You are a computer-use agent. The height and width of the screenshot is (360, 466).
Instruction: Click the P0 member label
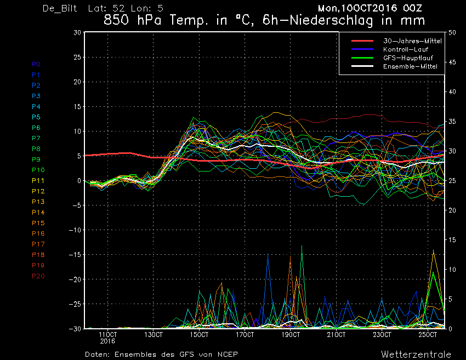(x=36, y=64)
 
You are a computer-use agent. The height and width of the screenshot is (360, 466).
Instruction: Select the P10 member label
(x=38, y=170)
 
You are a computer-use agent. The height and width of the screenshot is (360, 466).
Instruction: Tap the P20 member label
(x=38, y=276)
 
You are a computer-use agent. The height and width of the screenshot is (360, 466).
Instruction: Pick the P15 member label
(x=38, y=223)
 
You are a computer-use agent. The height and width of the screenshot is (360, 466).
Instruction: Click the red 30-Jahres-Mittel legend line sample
(x=362, y=41)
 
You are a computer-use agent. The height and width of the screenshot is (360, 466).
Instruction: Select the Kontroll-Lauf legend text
(x=406, y=49)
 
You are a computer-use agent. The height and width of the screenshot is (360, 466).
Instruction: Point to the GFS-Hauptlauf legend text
(x=408, y=58)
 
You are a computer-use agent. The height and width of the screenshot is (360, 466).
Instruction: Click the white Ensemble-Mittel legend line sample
(x=362, y=66)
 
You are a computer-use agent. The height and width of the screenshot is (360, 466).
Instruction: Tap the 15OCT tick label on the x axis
(x=199, y=335)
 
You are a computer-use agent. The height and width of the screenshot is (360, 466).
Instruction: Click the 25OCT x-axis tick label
(x=428, y=335)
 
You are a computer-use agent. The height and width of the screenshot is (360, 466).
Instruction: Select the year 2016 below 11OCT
(x=107, y=341)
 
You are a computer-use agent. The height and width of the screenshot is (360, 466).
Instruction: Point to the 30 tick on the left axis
(x=77, y=32)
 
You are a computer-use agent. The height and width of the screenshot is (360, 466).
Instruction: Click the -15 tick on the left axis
(x=75, y=255)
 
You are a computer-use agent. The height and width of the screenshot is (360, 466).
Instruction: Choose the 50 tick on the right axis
(x=452, y=32)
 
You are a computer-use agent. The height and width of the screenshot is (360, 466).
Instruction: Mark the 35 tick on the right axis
(x=452, y=122)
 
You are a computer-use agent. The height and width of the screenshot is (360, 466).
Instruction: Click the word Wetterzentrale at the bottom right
(x=416, y=355)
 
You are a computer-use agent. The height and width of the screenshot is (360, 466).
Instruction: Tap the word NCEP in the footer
(x=228, y=355)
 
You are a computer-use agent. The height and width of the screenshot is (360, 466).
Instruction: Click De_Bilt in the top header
(x=60, y=8)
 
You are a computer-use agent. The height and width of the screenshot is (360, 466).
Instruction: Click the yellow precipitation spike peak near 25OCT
(x=433, y=250)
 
